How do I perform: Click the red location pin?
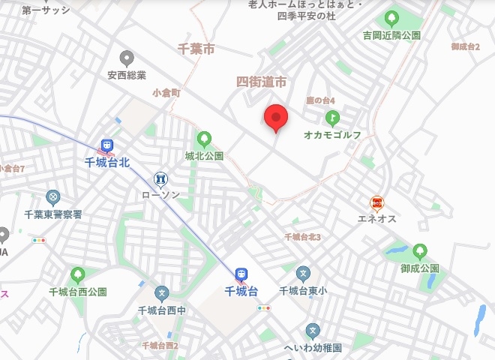click(x=277, y=118)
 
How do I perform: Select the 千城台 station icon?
click(x=241, y=274)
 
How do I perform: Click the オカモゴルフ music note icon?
click(x=332, y=118)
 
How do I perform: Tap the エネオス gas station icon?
click(x=377, y=202)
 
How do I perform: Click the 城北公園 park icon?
click(x=203, y=139)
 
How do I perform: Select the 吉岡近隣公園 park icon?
click(x=391, y=18)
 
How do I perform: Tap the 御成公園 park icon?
click(x=419, y=251)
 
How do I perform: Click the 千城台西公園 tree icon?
click(x=77, y=274)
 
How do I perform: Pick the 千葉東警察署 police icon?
click(x=52, y=197)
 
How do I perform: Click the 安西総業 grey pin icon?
click(x=126, y=58)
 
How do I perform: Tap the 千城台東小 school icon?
click(x=303, y=274)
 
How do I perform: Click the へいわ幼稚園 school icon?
click(x=313, y=331)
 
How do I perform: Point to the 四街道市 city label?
click(x=262, y=81)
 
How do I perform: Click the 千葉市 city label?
click(x=196, y=49)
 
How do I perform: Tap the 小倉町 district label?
click(x=166, y=94)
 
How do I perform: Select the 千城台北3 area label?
click(x=303, y=237)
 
